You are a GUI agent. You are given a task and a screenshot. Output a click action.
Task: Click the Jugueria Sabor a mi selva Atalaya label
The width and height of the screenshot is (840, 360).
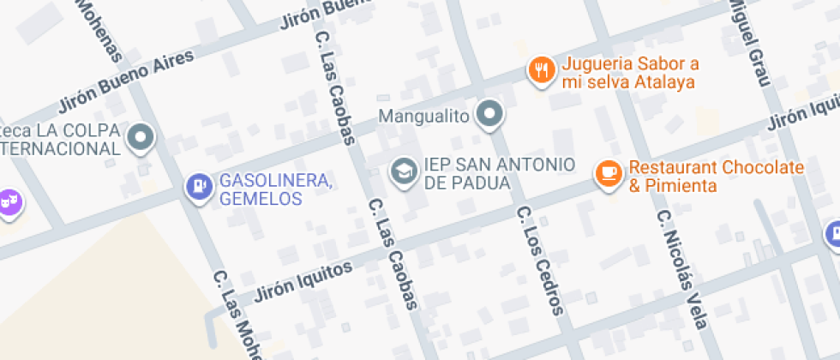pyautogui.click(x=628, y=74)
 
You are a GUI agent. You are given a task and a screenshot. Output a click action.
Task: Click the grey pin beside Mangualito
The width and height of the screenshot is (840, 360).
pyautogui.click(x=490, y=113)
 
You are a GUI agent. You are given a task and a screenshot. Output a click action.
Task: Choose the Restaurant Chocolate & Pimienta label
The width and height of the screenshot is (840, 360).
pyautogui.click(x=717, y=176)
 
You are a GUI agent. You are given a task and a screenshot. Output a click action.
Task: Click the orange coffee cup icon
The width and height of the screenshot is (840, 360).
pyautogui.click(x=609, y=173)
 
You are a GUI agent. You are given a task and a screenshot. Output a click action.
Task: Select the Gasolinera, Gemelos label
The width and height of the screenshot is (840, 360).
pyautogui.click(x=276, y=189)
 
